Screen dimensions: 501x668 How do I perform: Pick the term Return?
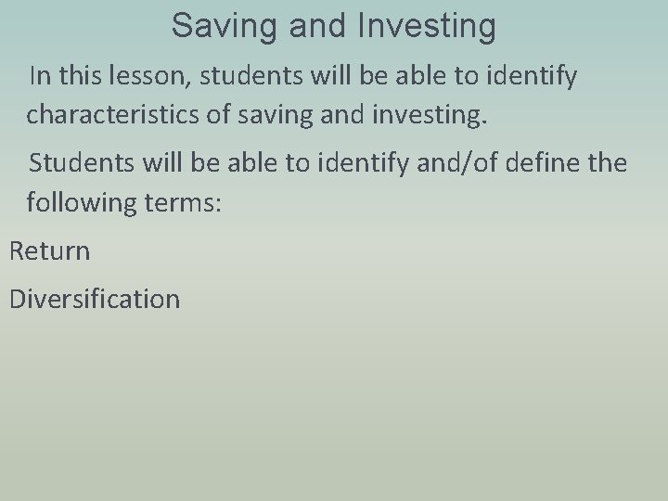click(49, 250)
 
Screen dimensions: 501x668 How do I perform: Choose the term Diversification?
click(94, 299)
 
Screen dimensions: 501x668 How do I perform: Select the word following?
click(90, 202)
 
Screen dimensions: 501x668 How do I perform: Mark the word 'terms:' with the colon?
click(191, 202)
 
